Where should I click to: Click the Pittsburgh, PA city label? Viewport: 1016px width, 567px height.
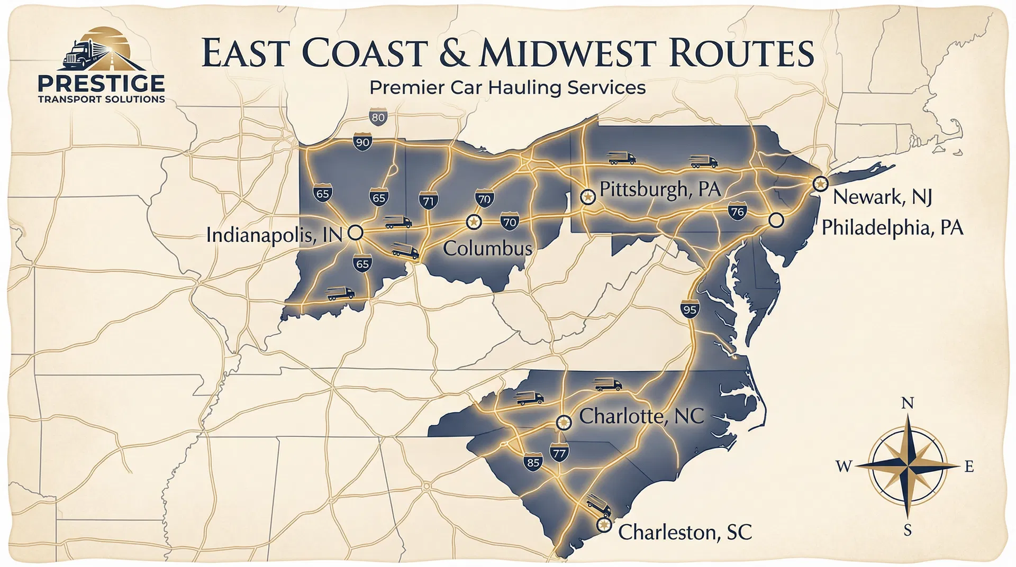tap(660, 189)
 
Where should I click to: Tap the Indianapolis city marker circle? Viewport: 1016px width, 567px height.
tap(356, 232)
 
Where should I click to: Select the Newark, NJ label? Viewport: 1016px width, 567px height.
tap(882, 197)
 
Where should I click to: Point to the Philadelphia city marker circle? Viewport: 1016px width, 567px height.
tap(776, 220)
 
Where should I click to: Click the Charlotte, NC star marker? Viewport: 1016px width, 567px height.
tap(564, 422)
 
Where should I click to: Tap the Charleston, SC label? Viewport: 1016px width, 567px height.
tap(685, 532)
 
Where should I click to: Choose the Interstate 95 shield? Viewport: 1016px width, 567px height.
tap(690, 309)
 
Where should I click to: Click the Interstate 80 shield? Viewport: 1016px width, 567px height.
tap(378, 117)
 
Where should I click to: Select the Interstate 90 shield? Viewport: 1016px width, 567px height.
tap(362, 142)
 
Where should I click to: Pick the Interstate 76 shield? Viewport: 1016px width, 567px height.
tap(737, 212)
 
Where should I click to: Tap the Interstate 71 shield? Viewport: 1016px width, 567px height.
tap(428, 201)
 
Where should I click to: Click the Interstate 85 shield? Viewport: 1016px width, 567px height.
tap(533, 463)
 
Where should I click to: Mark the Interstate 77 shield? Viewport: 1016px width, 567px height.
tap(559, 453)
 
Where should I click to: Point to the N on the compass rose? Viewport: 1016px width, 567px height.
tap(907, 404)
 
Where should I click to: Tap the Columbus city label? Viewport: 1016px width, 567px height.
tap(487, 248)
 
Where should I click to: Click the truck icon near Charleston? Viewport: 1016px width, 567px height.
tap(598, 506)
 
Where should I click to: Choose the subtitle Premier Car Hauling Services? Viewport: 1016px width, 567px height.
tap(507, 87)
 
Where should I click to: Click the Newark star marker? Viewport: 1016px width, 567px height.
tap(820, 184)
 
